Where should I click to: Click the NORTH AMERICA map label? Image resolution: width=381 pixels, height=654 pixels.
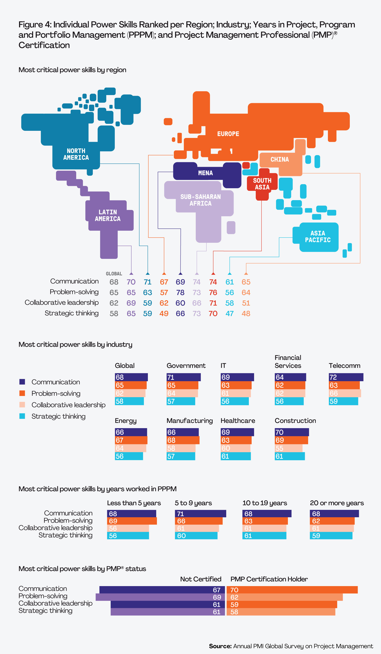coord(76,154)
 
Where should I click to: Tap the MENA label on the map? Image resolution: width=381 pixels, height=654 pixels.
coord(206,173)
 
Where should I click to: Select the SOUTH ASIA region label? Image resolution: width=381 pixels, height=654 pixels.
coord(262,184)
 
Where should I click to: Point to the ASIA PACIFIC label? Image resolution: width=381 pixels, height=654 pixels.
coord(317,236)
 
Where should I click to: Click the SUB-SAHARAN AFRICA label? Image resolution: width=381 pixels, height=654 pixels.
coord(201,200)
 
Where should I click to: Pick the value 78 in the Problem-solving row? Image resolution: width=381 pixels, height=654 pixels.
coord(180,293)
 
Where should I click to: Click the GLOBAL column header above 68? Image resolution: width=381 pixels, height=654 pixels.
coord(114,274)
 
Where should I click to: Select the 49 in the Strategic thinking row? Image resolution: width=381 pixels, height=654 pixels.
coord(164,314)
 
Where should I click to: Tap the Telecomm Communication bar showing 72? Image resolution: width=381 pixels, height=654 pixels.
coord(346,377)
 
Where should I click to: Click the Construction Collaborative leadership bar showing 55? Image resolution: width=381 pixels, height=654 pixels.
coord(288,448)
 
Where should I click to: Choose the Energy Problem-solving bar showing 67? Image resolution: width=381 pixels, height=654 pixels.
coord(131,440)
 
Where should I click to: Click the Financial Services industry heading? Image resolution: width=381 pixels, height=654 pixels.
coord(288,361)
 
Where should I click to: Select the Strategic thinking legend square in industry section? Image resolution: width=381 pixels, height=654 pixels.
coord(22,416)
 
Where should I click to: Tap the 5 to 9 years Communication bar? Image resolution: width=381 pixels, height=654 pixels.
coord(200,514)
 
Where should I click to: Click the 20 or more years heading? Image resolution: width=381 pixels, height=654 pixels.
coord(337,503)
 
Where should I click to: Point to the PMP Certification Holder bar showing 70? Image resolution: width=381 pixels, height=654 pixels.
coord(292,590)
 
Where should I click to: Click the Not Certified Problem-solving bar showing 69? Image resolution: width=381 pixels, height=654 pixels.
coord(160,597)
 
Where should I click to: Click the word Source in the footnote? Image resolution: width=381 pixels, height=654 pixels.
coord(220,646)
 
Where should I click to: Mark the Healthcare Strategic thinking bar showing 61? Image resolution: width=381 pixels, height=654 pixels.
coord(236,456)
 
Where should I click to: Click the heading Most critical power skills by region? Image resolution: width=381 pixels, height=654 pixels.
coord(72,70)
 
